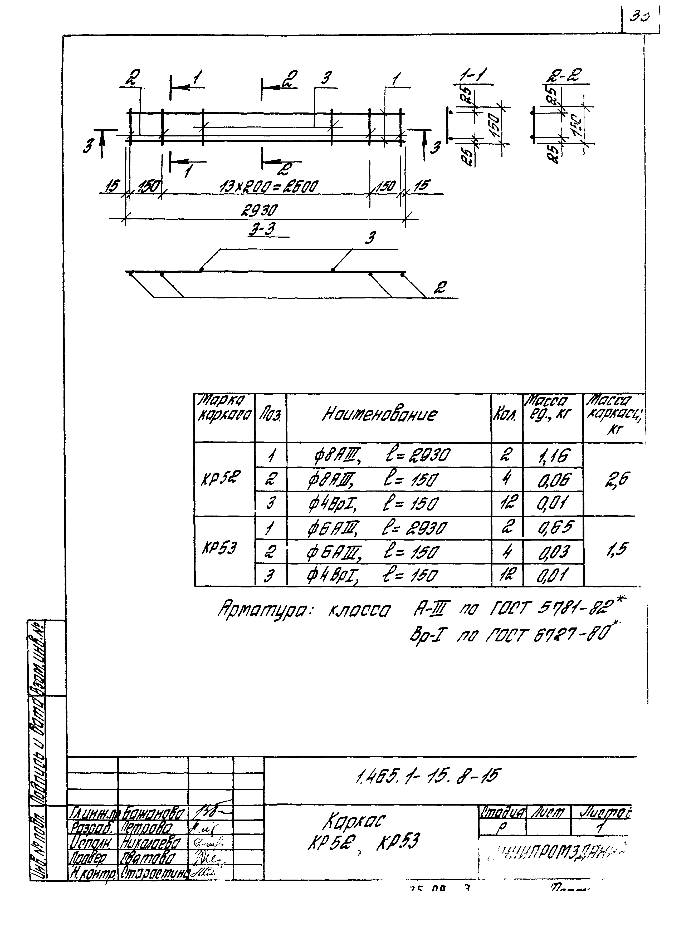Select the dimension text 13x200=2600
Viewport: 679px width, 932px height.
(268, 187)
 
